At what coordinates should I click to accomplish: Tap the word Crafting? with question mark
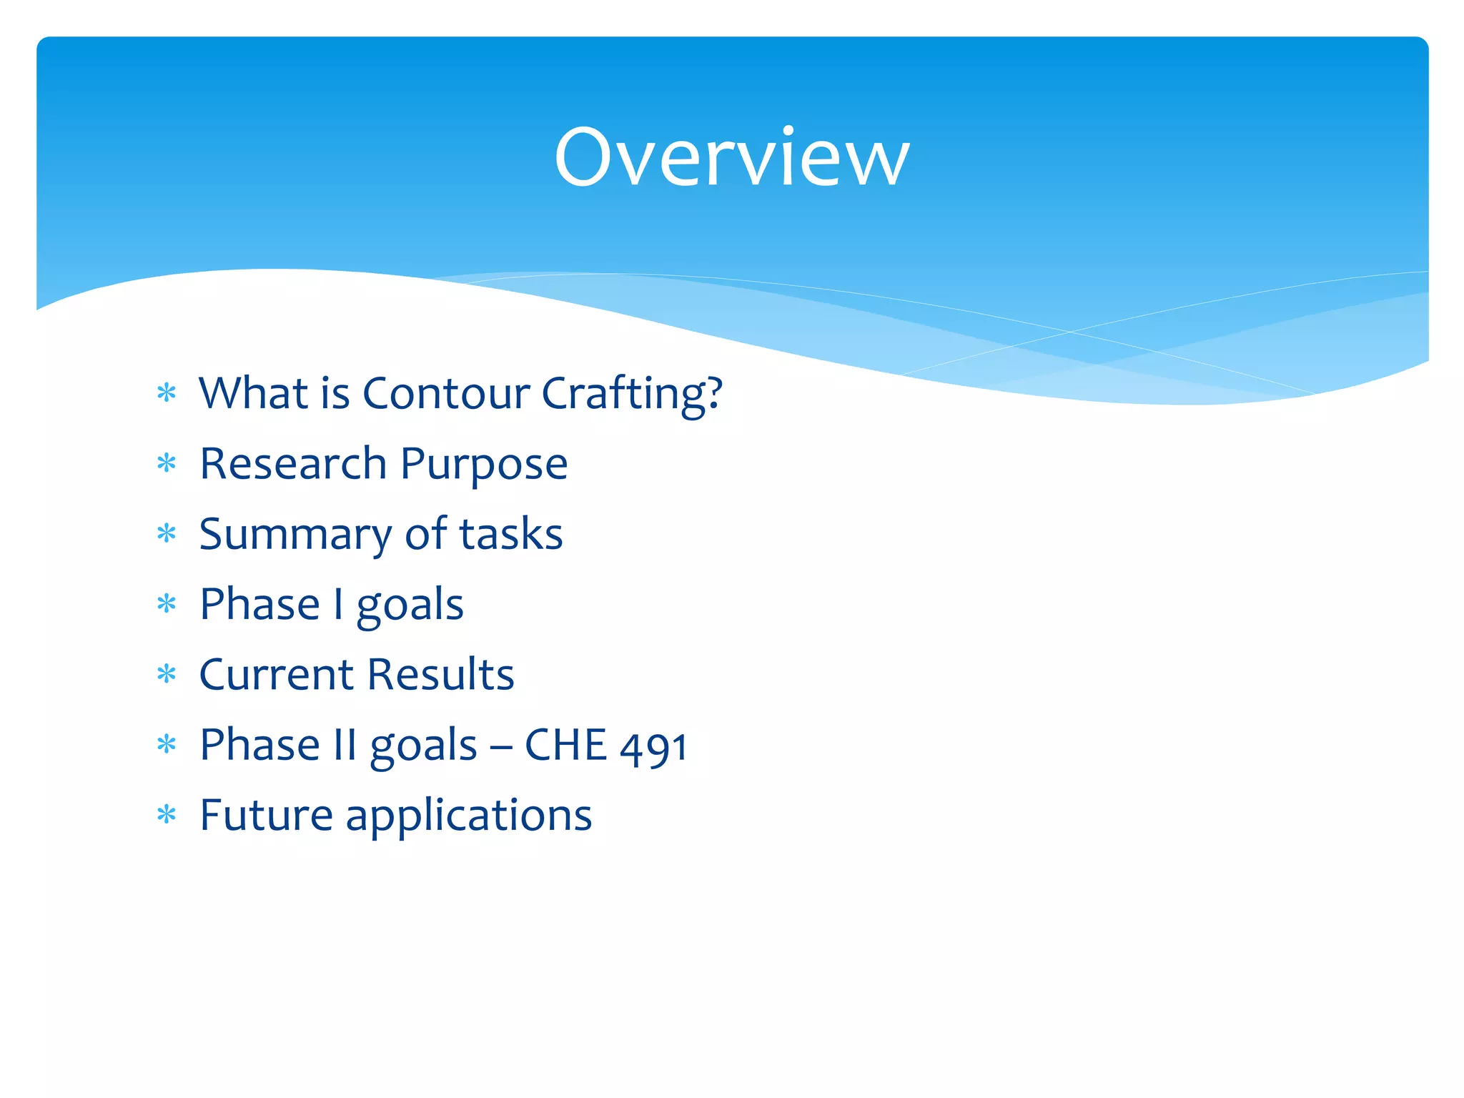[632, 395]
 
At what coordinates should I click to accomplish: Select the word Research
[293, 464]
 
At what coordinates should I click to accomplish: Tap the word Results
[441, 674]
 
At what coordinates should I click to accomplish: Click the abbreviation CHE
[566, 745]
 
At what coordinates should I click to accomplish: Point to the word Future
[266, 815]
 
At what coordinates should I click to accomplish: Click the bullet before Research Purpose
[167, 464]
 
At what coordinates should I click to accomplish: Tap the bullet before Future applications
[167, 814]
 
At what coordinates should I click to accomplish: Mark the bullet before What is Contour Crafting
[167, 393]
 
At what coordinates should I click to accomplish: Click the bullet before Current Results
[167, 674]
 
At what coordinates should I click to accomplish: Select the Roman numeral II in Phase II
[345, 745]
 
